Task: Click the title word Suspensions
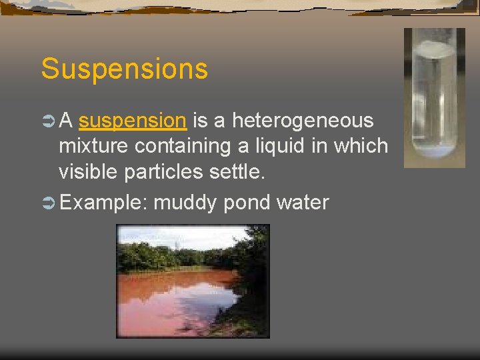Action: point(124,69)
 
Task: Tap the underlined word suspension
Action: point(132,121)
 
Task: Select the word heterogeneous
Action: point(303,121)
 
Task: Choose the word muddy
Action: point(185,202)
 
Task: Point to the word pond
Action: point(246,202)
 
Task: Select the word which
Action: point(363,146)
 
